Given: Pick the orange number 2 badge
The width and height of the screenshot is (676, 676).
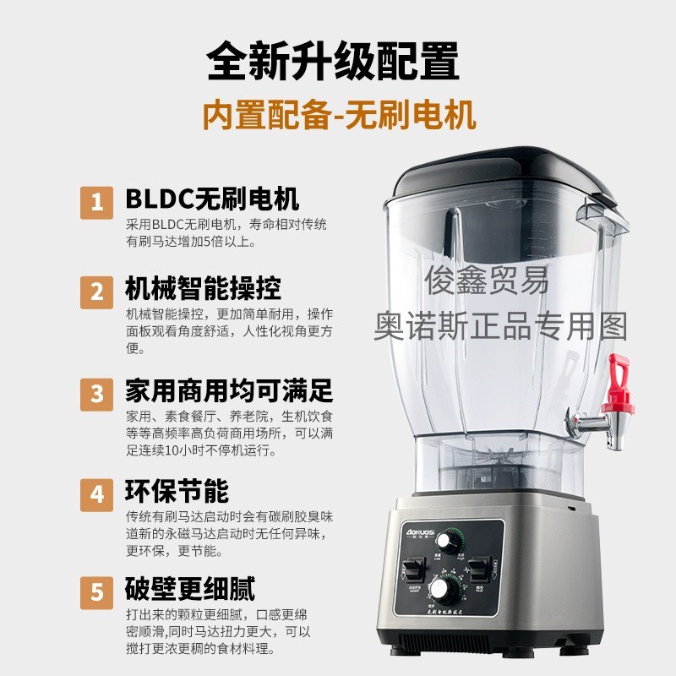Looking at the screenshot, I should coord(97,292).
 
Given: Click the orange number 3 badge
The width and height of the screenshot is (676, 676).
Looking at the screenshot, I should coord(97,393).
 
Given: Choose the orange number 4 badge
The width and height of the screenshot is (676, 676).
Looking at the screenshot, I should coord(97,493).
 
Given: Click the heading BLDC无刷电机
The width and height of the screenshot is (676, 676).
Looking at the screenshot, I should coord(212,199).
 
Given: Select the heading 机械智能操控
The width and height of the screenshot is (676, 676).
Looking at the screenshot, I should coord(203,288).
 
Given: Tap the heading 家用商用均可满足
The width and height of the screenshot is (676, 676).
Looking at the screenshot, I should coord(228,390).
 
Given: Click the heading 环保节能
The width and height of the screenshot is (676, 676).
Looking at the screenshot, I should coord(177,490).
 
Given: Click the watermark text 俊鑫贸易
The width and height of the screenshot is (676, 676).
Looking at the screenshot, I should coord(489,279).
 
